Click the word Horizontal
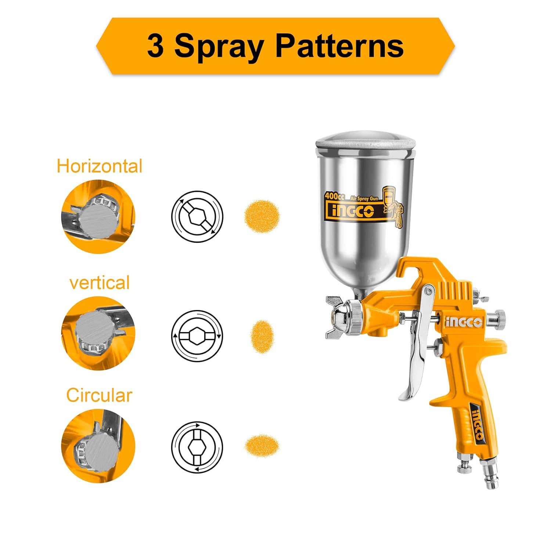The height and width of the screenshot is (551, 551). pos(99,166)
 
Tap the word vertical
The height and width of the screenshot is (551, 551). pos(100,283)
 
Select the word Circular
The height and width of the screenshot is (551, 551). pos(99,395)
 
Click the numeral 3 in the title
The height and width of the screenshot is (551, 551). pos(155,46)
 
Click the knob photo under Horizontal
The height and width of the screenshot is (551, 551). pos(98,216)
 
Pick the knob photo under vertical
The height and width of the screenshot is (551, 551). pos(98,333)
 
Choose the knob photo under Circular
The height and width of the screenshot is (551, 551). pos(98,446)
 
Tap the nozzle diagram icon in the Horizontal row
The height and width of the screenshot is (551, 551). pos(197,216)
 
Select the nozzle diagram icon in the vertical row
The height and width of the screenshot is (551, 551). pos(197,336)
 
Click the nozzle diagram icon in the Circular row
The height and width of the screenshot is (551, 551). pos(197,447)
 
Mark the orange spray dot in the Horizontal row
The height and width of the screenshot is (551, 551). pos(262,216)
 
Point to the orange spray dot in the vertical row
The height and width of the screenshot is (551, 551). pos(262,336)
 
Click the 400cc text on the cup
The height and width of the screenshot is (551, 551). pos(334,197)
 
